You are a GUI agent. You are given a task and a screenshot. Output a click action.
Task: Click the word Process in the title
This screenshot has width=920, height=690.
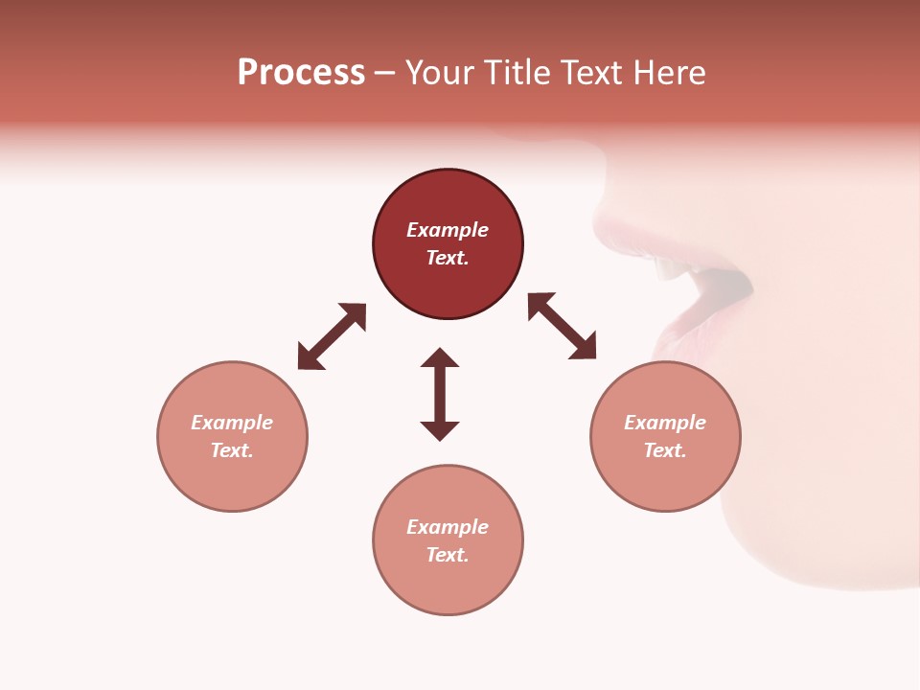coord(301,73)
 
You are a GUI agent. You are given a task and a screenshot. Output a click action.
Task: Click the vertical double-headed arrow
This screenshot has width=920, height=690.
coord(440,394)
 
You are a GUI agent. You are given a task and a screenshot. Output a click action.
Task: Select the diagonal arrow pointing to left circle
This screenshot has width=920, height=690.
coord(332,336)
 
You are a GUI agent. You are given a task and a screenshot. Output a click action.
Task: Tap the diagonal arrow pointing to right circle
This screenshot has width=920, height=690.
coord(562,326)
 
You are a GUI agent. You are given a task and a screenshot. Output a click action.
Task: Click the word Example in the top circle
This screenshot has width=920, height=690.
coord(448,230)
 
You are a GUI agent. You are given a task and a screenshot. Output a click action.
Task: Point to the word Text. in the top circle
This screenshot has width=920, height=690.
coord(448,258)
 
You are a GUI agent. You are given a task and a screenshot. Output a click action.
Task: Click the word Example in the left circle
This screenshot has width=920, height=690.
coord(232,423)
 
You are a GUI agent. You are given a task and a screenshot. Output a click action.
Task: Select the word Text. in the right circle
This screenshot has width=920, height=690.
coord(665,450)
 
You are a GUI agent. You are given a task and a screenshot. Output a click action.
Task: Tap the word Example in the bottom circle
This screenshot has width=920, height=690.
coord(448,527)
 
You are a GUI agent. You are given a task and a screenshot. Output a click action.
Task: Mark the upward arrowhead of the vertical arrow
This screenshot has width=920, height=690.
coord(440,357)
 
